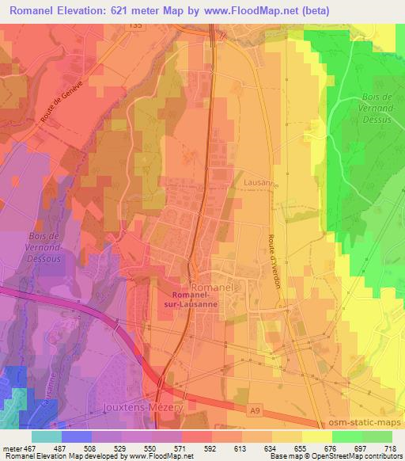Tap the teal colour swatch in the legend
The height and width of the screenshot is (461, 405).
(x=46, y=436)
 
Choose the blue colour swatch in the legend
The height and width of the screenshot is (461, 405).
(x=76, y=436)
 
